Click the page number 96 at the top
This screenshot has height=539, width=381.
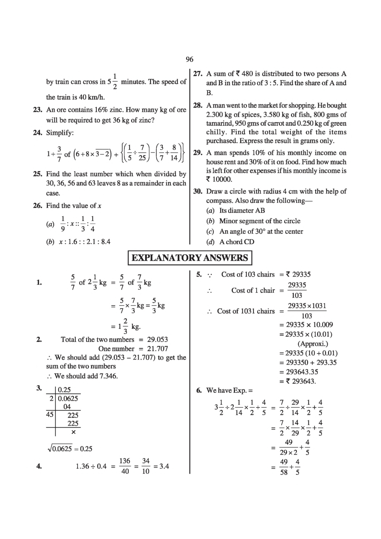(x=189, y=59)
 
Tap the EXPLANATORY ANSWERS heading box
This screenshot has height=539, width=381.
(x=190, y=258)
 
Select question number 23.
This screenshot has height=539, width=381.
(x=37, y=110)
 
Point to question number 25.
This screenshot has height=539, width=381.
(x=37, y=174)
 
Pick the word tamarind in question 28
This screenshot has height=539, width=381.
(x=219, y=123)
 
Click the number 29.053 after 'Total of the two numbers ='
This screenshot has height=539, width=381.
(x=157, y=339)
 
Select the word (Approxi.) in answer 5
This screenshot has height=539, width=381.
(x=313, y=344)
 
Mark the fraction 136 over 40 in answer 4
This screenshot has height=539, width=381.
(x=125, y=466)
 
